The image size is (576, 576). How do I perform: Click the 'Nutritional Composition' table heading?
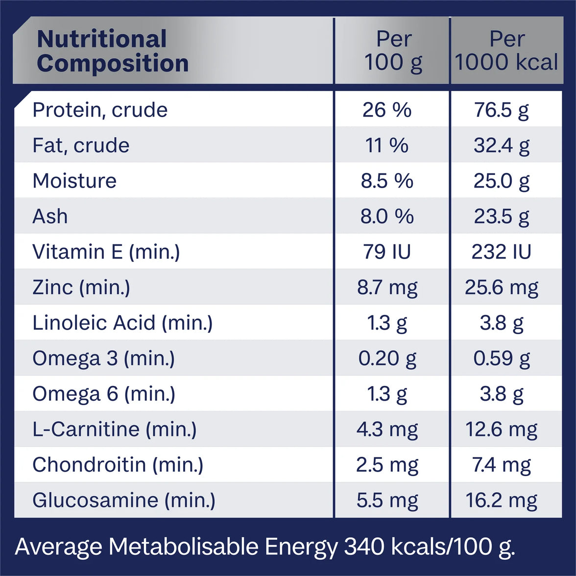(x=113, y=51)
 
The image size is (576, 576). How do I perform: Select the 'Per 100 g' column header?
(x=393, y=51)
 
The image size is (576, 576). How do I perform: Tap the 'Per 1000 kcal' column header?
(x=506, y=51)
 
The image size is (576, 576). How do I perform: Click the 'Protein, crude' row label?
(x=100, y=110)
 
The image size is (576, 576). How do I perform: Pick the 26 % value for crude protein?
(x=387, y=110)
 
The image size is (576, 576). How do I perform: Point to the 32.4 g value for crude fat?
(x=502, y=145)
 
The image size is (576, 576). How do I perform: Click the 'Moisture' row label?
(x=74, y=181)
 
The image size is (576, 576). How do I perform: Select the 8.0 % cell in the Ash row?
(x=387, y=216)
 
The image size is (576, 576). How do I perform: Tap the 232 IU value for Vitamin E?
(x=502, y=252)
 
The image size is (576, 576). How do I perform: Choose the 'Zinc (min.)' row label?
(x=81, y=287)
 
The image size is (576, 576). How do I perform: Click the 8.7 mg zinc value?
(x=387, y=287)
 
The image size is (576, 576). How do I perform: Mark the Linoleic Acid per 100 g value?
(x=387, y=323)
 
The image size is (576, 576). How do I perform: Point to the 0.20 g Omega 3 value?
(x=387, y=359)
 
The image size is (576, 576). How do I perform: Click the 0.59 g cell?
(x=502, y=359)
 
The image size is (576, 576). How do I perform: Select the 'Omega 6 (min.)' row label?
(x=104, y=394)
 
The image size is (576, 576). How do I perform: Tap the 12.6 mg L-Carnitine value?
(x=502, y=430)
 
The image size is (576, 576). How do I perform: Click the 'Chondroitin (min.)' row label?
(x=118, y=465)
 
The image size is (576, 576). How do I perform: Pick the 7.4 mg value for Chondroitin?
(x=502, y=465)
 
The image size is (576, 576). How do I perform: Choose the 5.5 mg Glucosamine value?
(x=387, y=500)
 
